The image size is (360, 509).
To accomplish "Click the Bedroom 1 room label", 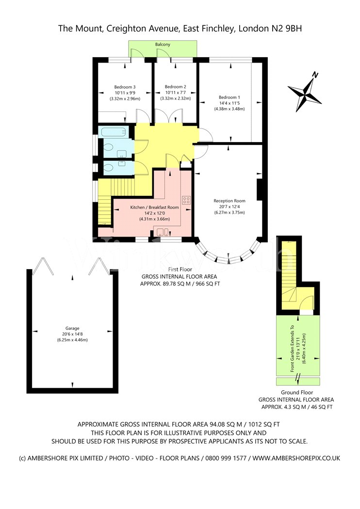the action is point(229,97).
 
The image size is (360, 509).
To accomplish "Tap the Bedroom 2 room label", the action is point(176,87).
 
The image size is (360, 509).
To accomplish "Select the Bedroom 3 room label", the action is point(125,87).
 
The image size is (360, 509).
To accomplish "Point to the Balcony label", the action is point(163,44).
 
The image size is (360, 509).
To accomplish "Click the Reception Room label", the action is point(229,201).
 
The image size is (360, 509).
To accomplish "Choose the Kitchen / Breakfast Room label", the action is point(155,207).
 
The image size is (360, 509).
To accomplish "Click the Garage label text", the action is point(72,328).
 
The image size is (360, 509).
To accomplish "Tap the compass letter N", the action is point(315,75).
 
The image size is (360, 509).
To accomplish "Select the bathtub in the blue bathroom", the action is point(113,132).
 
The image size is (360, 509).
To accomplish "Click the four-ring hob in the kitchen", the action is point(186,200).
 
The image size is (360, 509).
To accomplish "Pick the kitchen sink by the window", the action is point(162,232).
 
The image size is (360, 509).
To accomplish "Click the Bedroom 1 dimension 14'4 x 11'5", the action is point(229,103).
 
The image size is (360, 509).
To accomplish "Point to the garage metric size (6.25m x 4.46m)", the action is point(72,340).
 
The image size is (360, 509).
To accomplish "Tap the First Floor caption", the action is point(180,270).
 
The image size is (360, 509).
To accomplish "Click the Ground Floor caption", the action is point(297,393).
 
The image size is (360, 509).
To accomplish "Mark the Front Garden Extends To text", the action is point(292,349).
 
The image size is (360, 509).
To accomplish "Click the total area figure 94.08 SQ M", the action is point(225,424).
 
